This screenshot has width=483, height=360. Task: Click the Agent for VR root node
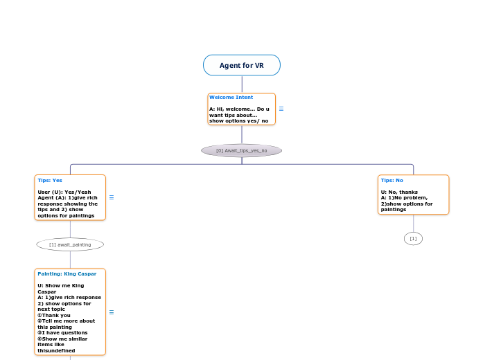pos(241,65)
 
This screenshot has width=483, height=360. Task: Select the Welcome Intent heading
pos(231,98)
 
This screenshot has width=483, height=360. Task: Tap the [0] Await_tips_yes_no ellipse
pos(241,150)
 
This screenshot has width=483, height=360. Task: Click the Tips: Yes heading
pos(50,180)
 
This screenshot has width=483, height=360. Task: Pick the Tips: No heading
pos(392,180)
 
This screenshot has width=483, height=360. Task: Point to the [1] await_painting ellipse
pos(70,244)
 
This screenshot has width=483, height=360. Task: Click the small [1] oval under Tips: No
pos(413,239)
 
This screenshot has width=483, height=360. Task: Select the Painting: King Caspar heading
pos(67,273)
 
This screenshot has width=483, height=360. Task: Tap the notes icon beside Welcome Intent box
pos(281,109)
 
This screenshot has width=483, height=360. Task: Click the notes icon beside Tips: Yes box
pos(112,197)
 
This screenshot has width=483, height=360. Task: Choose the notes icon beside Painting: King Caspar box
pos(112,312)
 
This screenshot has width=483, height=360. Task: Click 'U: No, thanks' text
pos(399,192)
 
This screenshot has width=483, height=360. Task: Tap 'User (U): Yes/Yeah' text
pos(64,192)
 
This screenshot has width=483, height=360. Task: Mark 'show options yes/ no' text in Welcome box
pos(238,120)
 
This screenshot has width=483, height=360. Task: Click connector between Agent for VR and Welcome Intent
pos(241,84)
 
